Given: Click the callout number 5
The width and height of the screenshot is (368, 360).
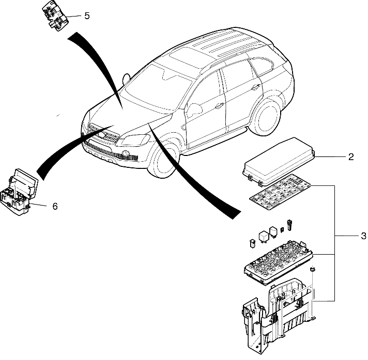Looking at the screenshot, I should pos(86,15).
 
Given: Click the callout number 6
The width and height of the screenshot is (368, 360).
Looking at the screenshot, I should pos(55,206).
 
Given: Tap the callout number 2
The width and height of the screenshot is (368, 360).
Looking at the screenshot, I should pos(350,157).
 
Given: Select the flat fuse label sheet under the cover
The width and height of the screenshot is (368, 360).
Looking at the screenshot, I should pos(281,193).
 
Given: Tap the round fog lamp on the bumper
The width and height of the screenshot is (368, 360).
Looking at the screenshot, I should pos(126,153).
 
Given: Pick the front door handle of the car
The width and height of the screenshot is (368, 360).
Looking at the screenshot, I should pos(220,105).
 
